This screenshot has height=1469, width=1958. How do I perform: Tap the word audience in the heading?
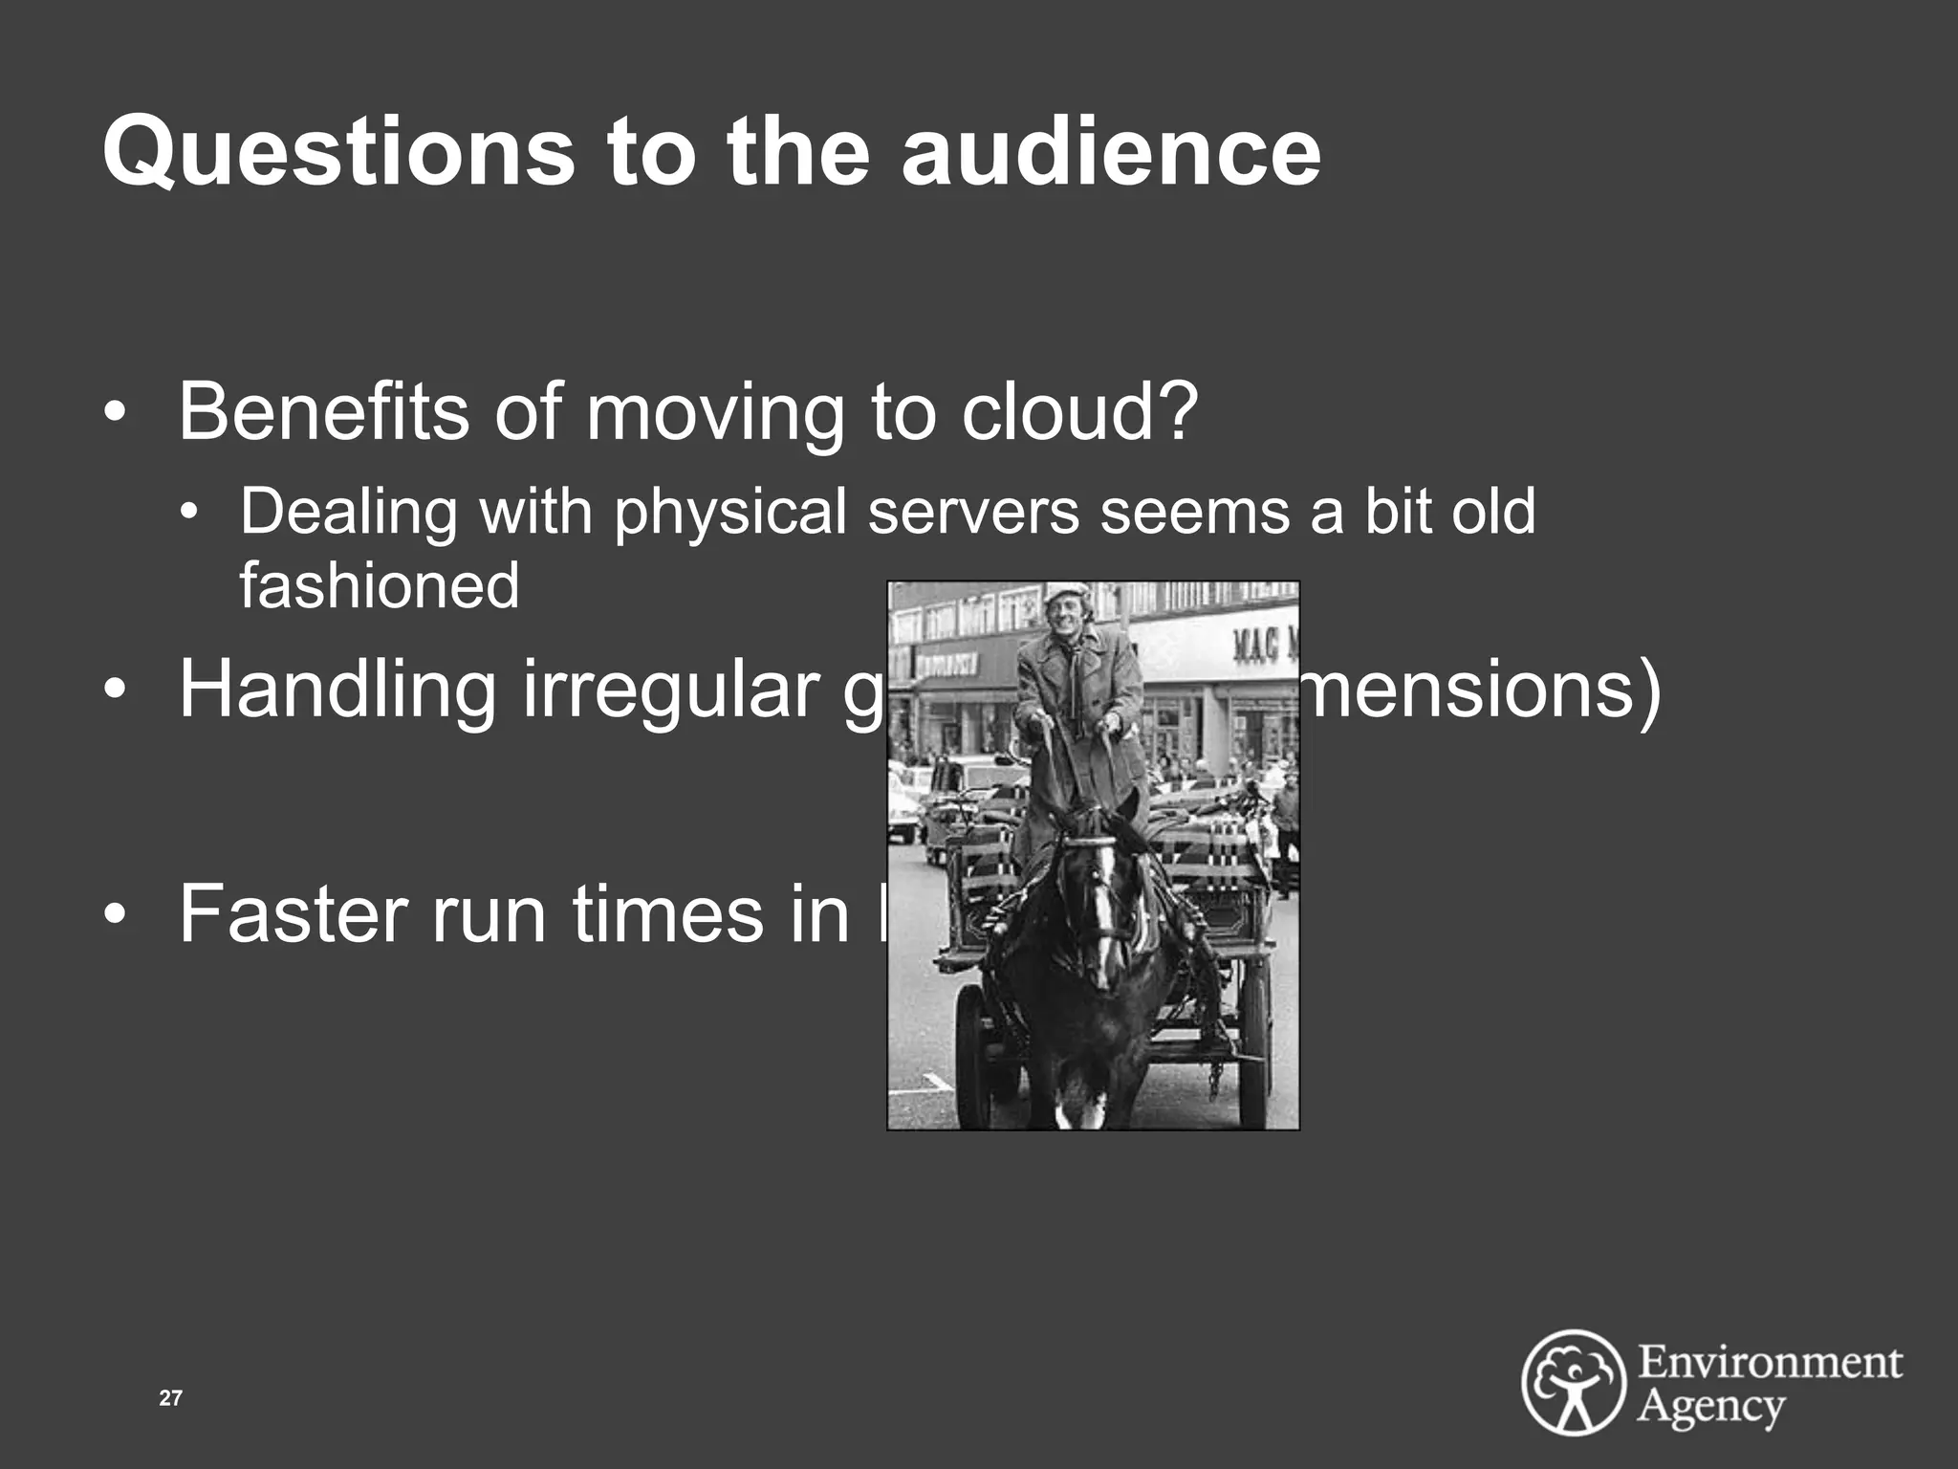click(x=1111, y=151)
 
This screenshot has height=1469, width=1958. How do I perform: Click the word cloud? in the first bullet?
click(x=1079, y=411)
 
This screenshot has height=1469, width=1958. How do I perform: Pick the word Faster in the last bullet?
click(x=293, y=913)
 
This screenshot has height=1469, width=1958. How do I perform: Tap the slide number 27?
click(x=170, y=1398)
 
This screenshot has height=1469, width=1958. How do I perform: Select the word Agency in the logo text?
click(x=1711, y=1408)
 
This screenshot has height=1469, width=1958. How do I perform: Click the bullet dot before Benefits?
click(x=115, y=413)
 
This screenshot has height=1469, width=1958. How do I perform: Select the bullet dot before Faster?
click(x=115, y=915)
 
